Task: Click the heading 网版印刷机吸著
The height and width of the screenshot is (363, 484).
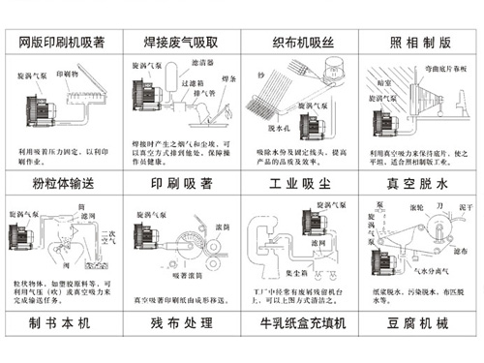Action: point(62,43)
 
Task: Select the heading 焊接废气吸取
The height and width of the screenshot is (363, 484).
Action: point(181,43)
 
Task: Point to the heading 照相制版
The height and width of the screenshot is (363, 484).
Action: point(418,43)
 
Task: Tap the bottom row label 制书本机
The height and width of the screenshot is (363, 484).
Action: point(62,322)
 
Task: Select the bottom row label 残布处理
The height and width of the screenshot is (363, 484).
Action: point(181,322)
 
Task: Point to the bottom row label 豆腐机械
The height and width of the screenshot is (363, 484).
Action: point(418,322)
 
